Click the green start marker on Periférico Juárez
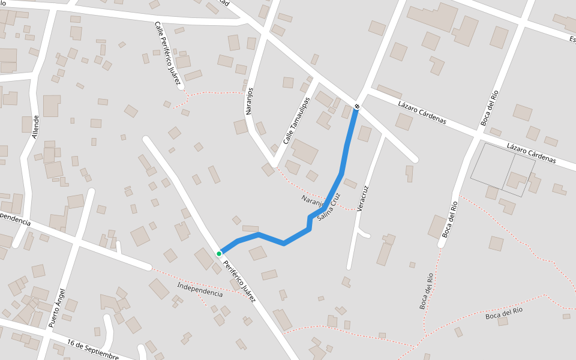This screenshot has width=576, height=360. coord(219,254)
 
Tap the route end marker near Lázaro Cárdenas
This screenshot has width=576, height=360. coord(357,107)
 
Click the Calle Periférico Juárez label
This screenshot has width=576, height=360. coord(168,55)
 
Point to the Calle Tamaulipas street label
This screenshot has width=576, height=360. coord(296,120)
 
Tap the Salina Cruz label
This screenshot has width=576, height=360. coord(329,208)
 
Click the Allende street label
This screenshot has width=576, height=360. coord(35,127)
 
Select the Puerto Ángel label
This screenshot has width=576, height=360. coord(57,307)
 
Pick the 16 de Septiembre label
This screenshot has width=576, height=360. coord(93,350)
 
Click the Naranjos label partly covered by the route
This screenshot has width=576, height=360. coord(313,200)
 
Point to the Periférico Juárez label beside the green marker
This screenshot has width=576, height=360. coord(239,280)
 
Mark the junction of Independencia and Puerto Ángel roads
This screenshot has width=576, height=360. coord(78,242)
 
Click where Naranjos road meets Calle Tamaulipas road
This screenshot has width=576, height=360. coord(274,164)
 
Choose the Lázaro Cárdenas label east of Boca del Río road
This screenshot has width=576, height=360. coord(531,154)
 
